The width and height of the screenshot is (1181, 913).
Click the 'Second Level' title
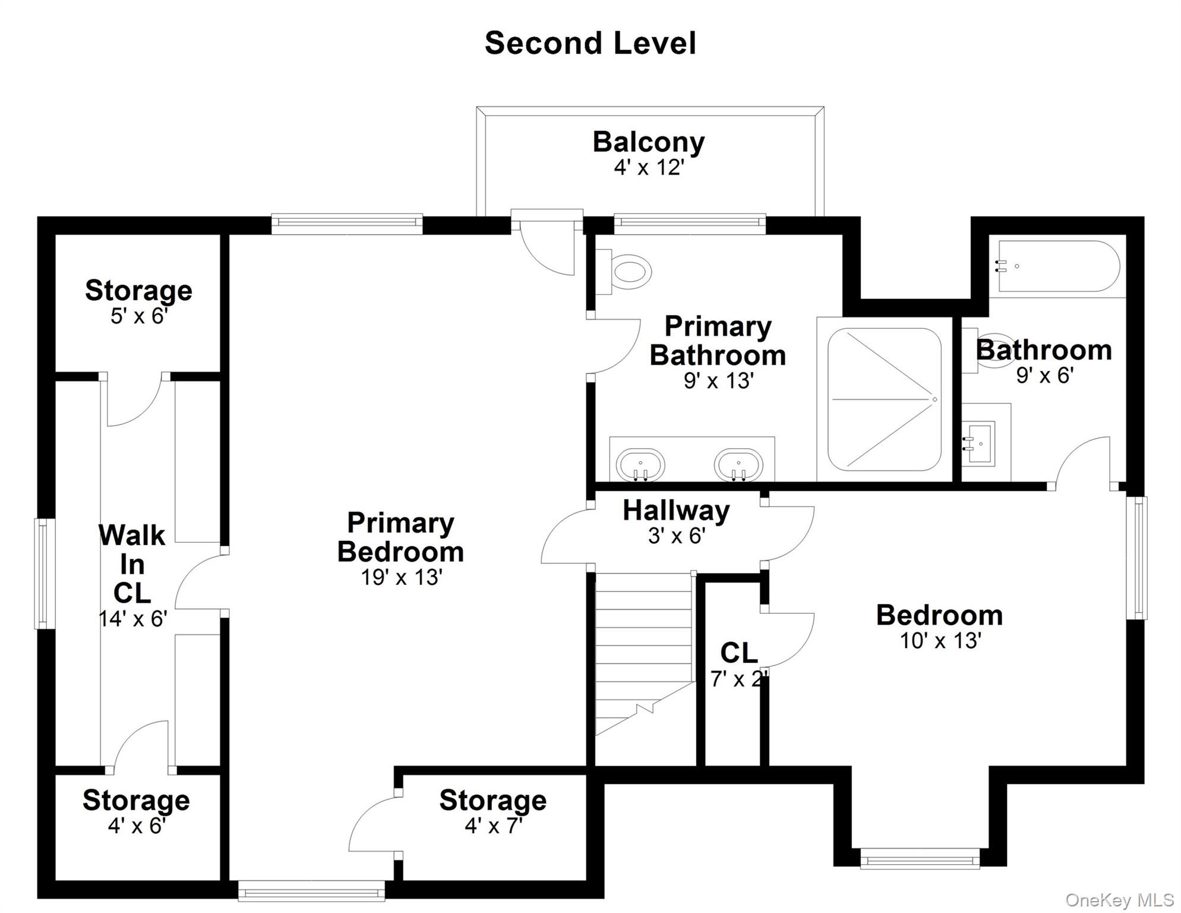click(590, 43)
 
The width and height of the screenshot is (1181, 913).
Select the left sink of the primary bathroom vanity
click(640, 464)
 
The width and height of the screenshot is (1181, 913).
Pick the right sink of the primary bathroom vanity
click(738, 464)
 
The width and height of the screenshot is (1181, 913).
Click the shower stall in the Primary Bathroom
click(885, 399)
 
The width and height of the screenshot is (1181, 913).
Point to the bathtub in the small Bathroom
click(1059, 266)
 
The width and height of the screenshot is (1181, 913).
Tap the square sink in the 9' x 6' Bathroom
click(979, 442)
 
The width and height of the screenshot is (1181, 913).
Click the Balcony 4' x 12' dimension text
click(649, 168)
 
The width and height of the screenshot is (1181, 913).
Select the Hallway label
click(676, 511)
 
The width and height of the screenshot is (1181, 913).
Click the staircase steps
click(645, 654)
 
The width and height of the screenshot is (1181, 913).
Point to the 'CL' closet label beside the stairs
click(739, 653)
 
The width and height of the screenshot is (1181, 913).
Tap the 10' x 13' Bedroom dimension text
click(940, 641)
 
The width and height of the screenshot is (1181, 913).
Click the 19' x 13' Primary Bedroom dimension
click(402, 577)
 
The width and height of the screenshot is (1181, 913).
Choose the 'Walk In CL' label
click(132, 564)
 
